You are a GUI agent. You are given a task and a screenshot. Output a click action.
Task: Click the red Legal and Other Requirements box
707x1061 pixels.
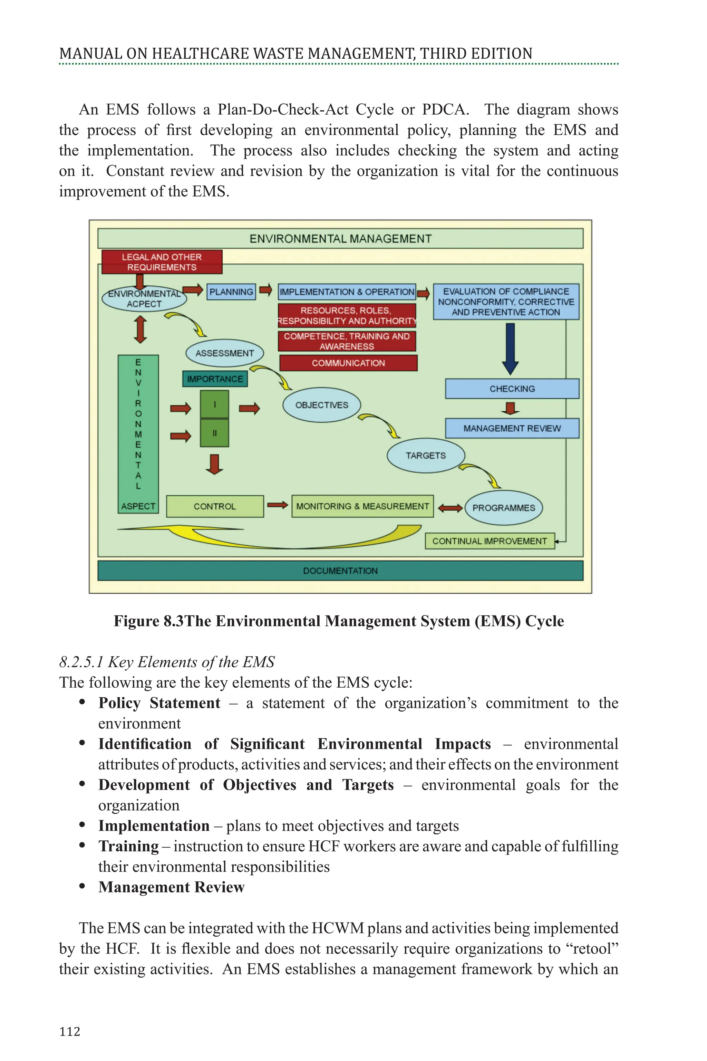pos(162,262)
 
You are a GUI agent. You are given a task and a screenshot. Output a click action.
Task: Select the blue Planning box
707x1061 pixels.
pos(231,292)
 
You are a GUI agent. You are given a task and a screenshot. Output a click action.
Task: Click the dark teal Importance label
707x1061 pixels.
pos(215,379)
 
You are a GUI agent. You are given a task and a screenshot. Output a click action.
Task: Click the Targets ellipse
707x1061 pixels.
pos(425,456)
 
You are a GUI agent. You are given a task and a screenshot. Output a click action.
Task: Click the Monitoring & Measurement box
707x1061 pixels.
pos(362,506)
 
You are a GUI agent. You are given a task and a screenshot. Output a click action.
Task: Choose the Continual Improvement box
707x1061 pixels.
pos(489,541)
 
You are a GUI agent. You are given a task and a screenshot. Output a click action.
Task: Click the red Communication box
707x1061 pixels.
pos(348,363)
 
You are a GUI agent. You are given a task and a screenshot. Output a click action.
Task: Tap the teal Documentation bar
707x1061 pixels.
pos(340,571)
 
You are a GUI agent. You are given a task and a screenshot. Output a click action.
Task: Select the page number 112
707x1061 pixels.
pos(69,1031)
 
